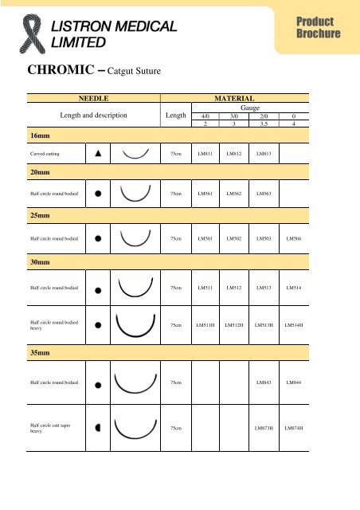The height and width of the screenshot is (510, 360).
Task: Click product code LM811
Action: click(x=205, y=152)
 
